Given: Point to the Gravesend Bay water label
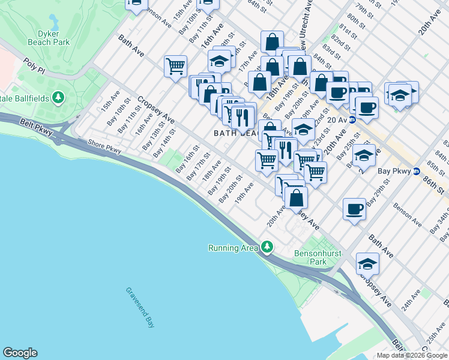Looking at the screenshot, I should click(140, 307).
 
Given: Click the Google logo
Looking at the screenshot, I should click(20, 353).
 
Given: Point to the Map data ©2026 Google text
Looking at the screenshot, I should click(412, 355).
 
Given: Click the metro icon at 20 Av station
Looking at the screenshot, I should click(353, 119).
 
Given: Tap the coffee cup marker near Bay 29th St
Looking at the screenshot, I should click(354, 209).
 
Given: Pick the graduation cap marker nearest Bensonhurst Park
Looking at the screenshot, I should click(367, 263).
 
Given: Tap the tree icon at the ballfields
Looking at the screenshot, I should click(59, 97).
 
